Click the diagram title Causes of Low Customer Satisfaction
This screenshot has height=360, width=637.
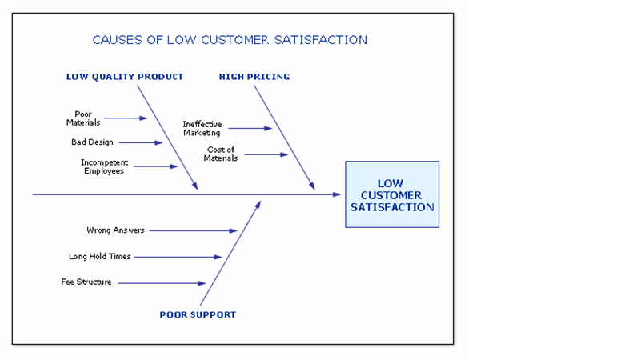(230, 39)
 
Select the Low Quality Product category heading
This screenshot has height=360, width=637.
(125, 77)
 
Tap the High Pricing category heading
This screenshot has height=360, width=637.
(254, 77)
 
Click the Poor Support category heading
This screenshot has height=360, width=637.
(198, 314)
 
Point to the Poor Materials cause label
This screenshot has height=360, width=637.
(83, 118)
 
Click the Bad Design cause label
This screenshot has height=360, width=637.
(92, 142)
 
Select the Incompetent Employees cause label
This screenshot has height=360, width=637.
(104, 166)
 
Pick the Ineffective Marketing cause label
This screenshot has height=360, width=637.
(202, 128)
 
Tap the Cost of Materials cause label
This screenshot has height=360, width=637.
(221, 154)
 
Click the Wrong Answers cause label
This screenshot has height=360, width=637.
(115, 230)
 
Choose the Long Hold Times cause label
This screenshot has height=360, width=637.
(100, 257)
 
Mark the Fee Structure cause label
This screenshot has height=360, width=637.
(86, 282)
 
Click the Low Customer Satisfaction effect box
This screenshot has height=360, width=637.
(392, 194)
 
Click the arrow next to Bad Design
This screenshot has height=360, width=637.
(141, 143)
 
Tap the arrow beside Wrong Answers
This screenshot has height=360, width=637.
(193, 230)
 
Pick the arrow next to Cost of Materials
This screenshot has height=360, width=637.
(266, 154)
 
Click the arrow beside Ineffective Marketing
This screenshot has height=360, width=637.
(250, 128)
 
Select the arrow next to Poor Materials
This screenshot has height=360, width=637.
(126, 118)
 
